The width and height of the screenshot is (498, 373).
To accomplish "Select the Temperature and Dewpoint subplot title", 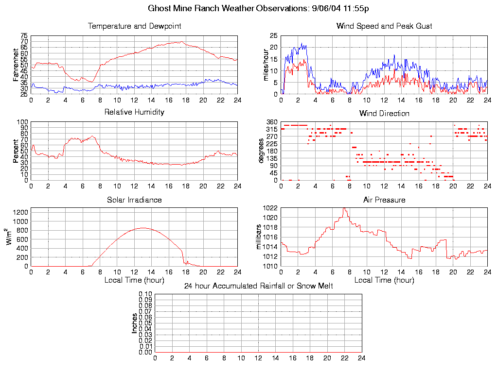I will click(134, 26).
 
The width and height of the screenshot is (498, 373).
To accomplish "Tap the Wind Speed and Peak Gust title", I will click(384, 26).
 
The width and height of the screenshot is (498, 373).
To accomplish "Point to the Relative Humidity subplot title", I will click(134, 112).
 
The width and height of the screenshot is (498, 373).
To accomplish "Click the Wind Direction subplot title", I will click(384, 113).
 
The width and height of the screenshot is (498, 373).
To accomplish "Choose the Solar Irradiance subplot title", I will click(134, 200).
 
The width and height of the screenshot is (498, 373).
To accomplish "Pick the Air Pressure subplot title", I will click(384, 200).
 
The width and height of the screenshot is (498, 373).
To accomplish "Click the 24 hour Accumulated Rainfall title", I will click(258, 286).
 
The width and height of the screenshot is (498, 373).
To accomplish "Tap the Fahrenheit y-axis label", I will click(16, 64).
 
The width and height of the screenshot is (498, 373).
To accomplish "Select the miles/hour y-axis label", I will click(266, 64).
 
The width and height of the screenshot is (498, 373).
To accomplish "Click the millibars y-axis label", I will click(259, 237).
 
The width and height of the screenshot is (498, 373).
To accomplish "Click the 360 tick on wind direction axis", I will click(271, 122).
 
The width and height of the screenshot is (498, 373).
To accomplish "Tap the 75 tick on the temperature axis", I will click(24, 36).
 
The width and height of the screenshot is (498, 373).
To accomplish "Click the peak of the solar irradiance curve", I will click(143, 228).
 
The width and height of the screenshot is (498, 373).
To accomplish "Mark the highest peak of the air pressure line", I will click(344, 208).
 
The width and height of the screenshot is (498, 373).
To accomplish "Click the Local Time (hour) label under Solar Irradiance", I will click(134, 280).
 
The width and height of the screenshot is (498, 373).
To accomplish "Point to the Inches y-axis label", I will click(135, 323).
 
